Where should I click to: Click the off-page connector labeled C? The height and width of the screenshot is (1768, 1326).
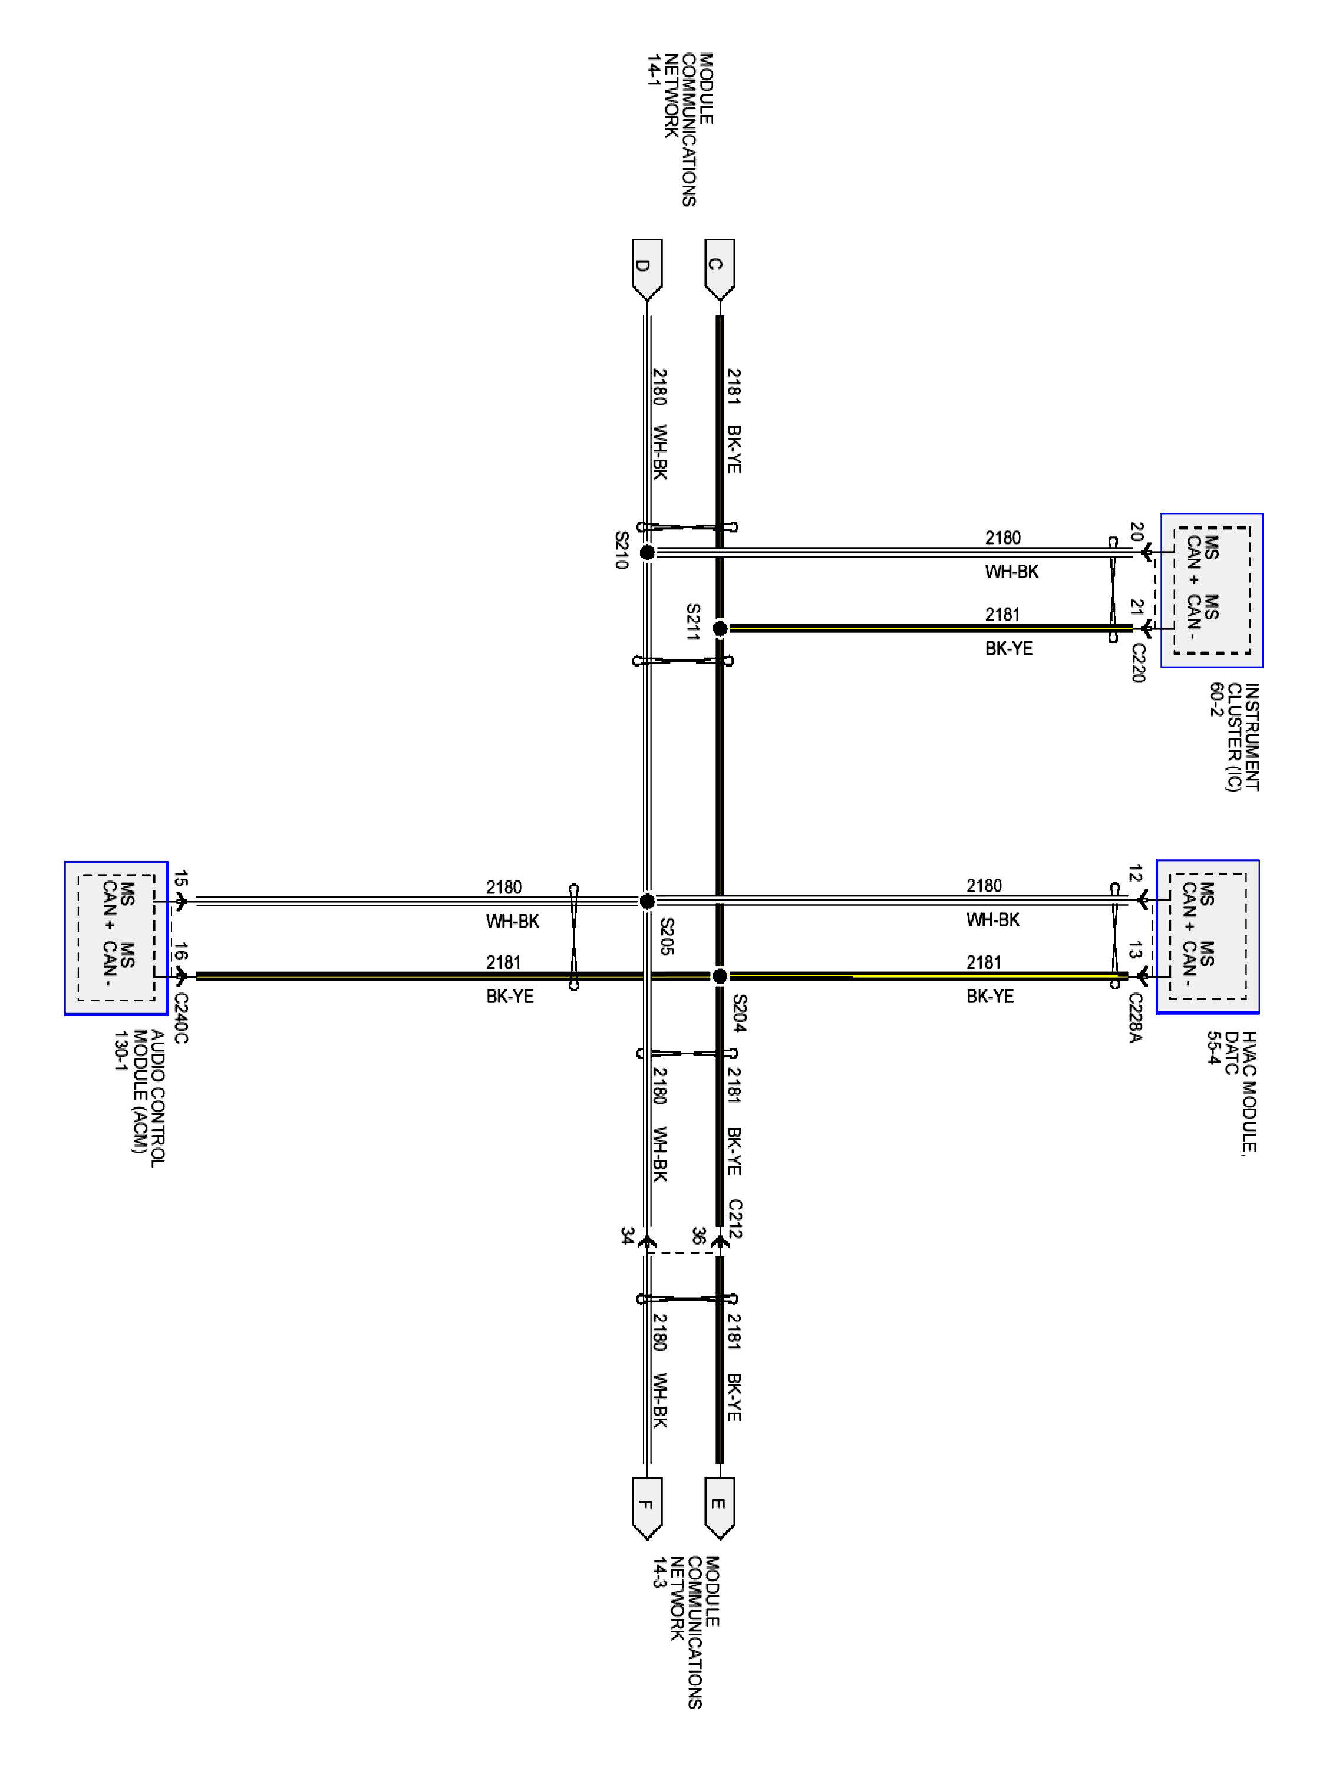(720, 269)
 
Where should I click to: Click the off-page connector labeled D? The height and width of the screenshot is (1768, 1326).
(646, 269)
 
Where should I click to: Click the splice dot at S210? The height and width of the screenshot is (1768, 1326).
(648, 552)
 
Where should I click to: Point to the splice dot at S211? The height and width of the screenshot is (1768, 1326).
(720, 628)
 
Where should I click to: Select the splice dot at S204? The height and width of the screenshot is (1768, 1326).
(720, 976)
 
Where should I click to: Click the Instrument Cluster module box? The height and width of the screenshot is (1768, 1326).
(1212, 591)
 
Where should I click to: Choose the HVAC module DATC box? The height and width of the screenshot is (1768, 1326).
(1208, 937)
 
